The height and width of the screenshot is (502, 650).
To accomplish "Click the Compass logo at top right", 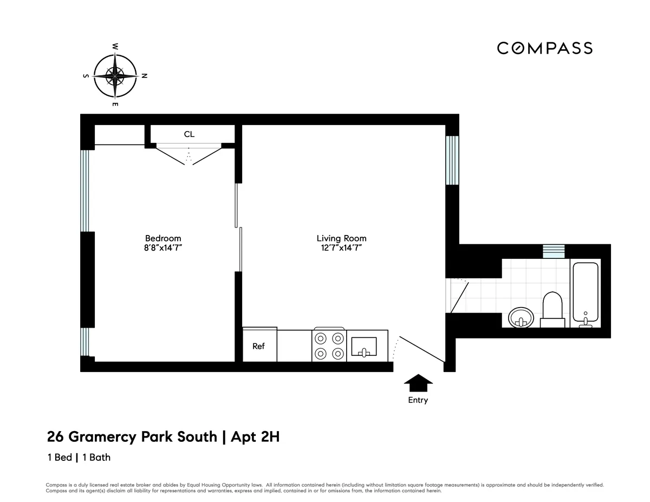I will tap(544, 48).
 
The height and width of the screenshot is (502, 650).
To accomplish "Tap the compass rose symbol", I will tap(115, 75).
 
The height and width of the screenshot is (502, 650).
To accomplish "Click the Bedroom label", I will tap(163, 238).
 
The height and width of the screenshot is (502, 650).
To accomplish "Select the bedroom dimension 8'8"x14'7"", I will tap(163, 248).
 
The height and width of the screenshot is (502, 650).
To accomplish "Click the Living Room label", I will tap(341, 238).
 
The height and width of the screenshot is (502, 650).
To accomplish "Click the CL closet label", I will tap(189, 134).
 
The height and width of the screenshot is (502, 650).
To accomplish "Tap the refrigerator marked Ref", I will tap(259, 345).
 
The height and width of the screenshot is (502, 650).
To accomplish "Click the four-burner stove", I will tap(329, 345).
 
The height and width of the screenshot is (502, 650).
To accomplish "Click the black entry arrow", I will tap(419, 383).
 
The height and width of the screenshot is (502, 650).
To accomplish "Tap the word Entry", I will tap(418, 400).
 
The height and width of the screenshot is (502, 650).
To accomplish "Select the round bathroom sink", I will tap(521, 317).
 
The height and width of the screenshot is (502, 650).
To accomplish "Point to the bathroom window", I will tap(554, 251).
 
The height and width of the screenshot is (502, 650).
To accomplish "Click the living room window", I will tap(452, 160).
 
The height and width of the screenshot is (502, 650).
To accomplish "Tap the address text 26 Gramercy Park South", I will tap(132, 436).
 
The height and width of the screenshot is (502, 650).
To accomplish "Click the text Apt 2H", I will tap(255, 436).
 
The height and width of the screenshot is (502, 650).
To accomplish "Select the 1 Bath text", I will tap(96, 457).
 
